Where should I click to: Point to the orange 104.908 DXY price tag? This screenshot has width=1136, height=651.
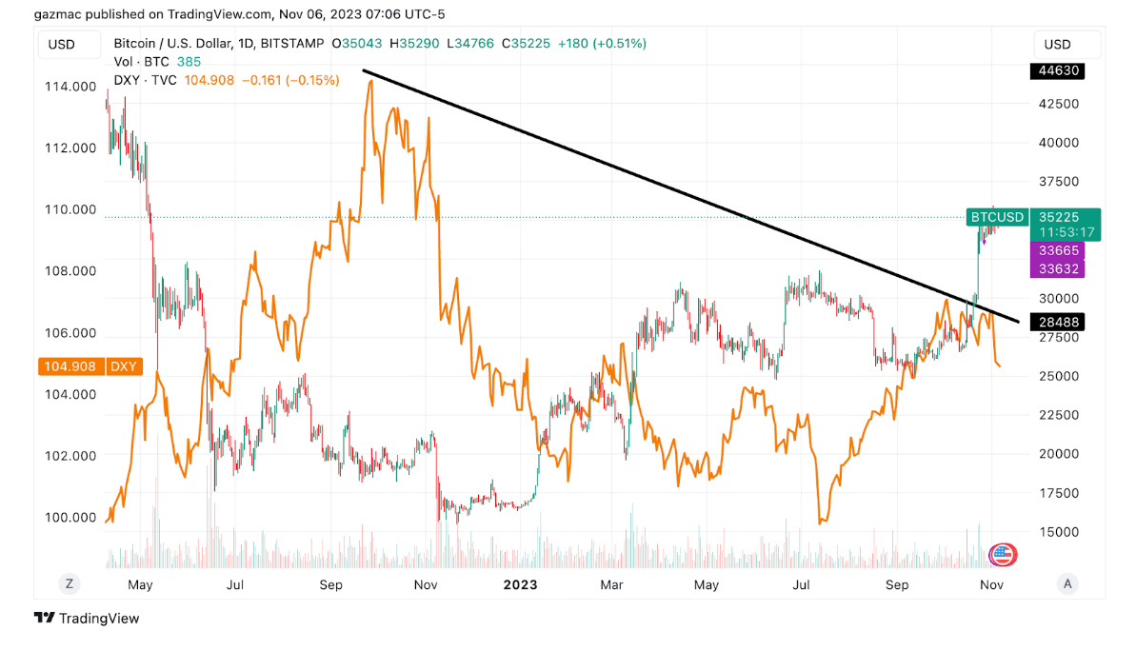(90, 366)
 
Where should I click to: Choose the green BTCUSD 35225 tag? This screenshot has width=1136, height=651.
(1033, 217)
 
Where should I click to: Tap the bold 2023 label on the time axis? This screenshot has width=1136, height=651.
(520, 584)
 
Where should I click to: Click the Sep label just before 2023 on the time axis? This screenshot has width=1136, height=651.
(330, 584)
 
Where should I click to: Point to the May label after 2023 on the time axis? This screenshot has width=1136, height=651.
(706, 584)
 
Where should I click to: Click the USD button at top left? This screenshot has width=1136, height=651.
(62, 44)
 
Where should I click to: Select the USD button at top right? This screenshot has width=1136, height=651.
(1057, 44)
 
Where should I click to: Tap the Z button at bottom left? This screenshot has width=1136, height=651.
(69, 583)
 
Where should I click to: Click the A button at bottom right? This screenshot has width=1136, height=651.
(1068, 583)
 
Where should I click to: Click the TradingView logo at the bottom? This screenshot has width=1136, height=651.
(87, 619)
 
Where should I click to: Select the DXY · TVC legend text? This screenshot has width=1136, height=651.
(145, 80)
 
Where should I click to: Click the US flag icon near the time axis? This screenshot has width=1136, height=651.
(1003, 554)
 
